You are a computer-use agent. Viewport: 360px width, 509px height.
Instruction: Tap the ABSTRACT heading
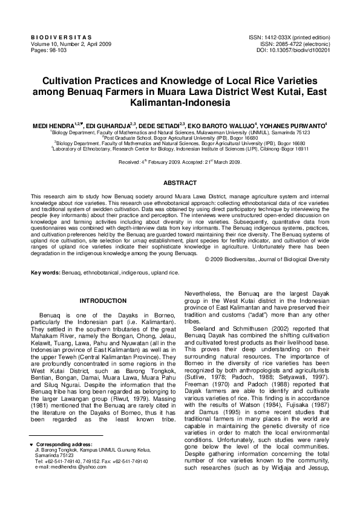click(x=180, y=182)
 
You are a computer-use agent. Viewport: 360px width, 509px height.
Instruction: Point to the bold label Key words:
click(x=45, y=273)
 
